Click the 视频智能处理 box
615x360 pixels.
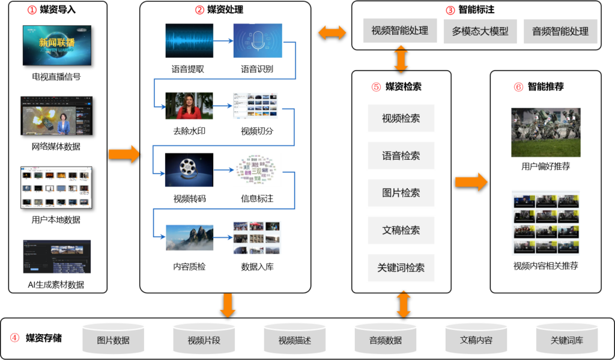(399, 31)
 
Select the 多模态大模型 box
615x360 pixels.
(480, 31)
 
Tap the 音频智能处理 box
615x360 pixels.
(560, 31)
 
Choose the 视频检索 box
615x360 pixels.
(401, 118)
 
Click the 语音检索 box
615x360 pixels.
(401, 156)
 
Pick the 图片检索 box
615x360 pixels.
(401, 193)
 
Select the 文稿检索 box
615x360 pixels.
(401, 230)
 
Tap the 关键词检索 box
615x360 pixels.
(401, 267)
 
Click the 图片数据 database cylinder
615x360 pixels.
(114, 339)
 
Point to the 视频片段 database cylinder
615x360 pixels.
(204, 339)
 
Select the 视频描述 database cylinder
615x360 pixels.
(295, 339)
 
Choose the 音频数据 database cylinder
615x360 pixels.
(386, 339)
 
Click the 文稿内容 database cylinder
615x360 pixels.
(476, 339)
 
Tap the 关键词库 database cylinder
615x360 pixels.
(567, 339)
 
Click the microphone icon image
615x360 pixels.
(257, 41)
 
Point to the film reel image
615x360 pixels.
(189, 170)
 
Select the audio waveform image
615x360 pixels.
(189, 41)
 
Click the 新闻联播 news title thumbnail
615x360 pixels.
(57, 45)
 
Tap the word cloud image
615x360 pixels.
(257, 170)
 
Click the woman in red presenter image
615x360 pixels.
(189, 106)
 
